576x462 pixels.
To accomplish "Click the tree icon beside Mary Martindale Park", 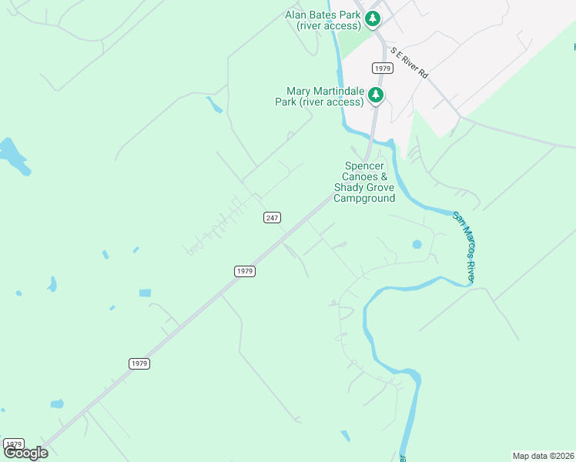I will (x=376, y=95).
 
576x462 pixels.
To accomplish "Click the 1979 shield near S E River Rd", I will (x=383, y=69).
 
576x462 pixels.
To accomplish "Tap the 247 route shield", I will (x=272, y=218).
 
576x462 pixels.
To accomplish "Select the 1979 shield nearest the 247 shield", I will (x=244, y=271).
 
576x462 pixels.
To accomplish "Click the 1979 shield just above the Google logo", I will (x=13, y=444).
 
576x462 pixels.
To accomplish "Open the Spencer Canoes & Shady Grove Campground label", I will (x=364, y=182).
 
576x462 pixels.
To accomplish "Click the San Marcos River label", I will (x=463, y=247).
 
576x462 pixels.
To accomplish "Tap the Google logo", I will (x=25, y=453).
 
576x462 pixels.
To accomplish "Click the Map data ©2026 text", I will (x=543, y=455).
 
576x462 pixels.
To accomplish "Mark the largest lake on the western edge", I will (x=13, y=157).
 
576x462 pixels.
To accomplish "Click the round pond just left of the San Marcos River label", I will (x=417, y=245).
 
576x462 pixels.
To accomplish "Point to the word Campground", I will (x=364, y=198).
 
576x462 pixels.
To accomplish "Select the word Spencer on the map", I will (x=365, y=166).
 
